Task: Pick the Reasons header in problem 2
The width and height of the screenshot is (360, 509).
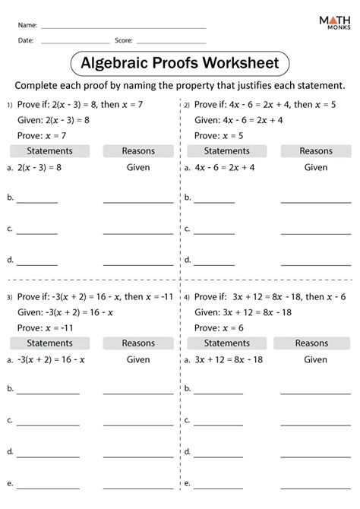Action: coord(315,151)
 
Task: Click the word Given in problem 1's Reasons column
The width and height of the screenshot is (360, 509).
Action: coord(137,167)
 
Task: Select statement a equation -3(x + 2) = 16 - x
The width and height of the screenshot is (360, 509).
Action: coord(51,359)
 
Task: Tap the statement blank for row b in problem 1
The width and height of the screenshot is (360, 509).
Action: coord(37,201)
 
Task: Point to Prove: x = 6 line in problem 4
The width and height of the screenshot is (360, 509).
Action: coord(220,327)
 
